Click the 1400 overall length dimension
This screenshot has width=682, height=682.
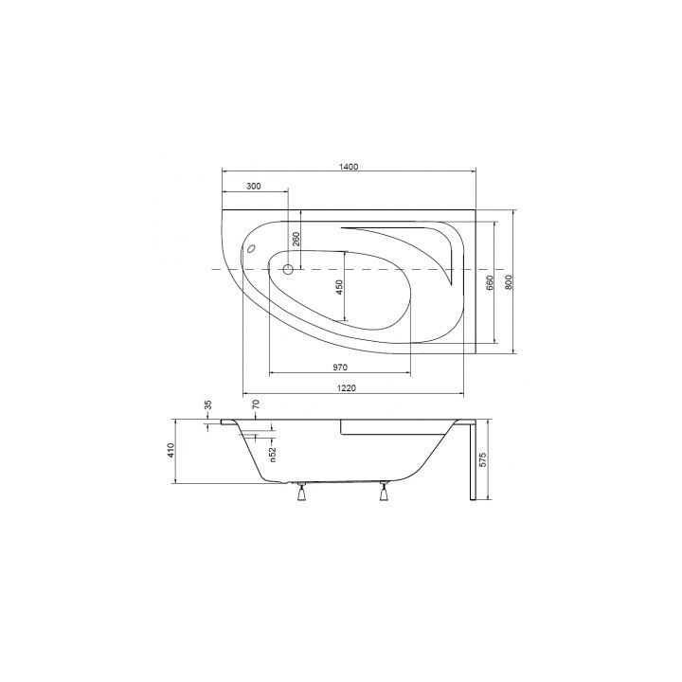(348, 167)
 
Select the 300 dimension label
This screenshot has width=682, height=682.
(253, 187)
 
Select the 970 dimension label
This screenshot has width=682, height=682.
(341, 367)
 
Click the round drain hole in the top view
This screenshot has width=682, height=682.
(284, 270)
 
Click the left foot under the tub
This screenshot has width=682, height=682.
(302, 492)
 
